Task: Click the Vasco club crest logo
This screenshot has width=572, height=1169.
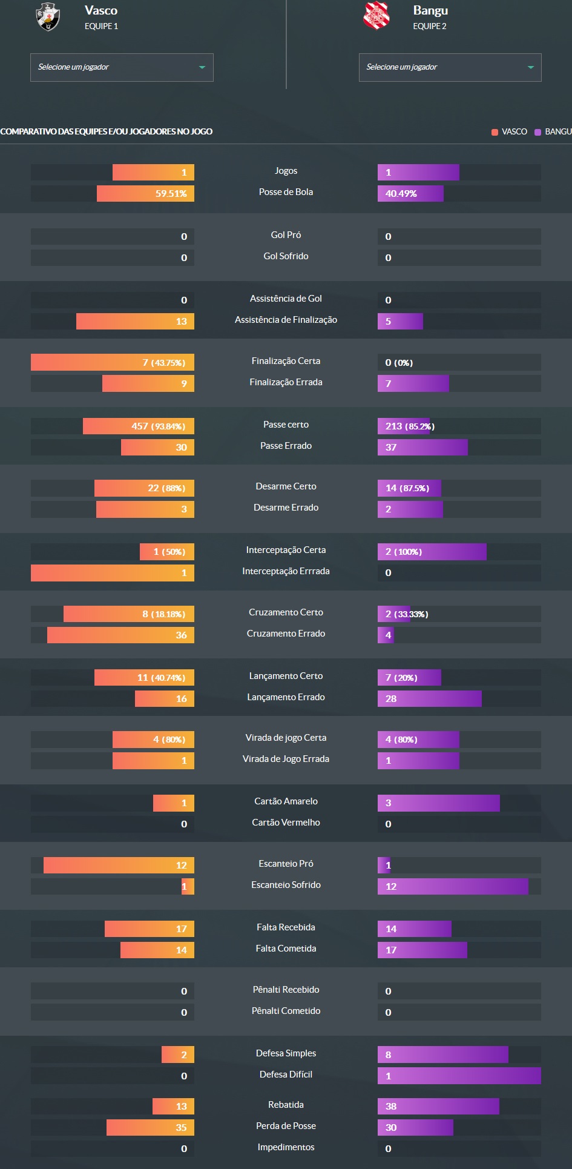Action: point(48,16)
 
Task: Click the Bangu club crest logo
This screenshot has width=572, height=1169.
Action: point(376,16)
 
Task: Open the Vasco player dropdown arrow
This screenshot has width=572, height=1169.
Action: point(202,67)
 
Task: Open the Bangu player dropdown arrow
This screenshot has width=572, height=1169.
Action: point(530,67)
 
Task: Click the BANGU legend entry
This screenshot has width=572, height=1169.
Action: point(553,131)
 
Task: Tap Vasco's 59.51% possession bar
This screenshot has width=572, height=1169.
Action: point(145,194)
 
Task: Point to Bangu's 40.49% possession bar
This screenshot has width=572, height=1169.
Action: point(410,194)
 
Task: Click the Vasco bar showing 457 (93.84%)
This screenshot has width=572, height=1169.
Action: point(138,426)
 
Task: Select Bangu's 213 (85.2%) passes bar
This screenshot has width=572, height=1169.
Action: point(404,426)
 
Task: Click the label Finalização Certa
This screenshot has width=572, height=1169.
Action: point(286,361)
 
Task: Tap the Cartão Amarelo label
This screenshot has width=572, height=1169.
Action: point(286,801)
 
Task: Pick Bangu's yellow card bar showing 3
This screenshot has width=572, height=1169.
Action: point(438,803)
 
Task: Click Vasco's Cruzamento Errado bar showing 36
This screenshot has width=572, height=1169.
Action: point(120,635)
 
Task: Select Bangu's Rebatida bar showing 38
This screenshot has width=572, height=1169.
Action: point(438,1107)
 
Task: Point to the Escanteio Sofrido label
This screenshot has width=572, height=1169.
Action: point(286,885)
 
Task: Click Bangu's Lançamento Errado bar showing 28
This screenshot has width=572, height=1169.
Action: point(429,699)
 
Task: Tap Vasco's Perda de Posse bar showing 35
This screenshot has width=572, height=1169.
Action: point(150,1128)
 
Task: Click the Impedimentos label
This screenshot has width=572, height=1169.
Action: point(286,1147)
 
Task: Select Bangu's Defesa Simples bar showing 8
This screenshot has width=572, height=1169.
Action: point(442,1055)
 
